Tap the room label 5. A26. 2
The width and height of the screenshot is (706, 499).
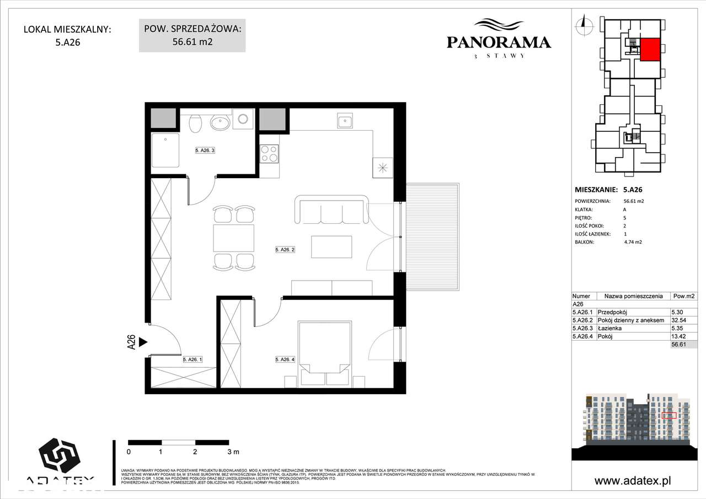[x=286, y=250]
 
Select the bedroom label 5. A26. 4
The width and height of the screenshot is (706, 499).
[x=286, y=360]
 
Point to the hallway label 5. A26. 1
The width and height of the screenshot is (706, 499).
[x=192, y=360]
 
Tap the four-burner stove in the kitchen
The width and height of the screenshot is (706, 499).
[x=269, y=153]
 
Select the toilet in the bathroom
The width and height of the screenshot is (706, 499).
[x=195, y=123]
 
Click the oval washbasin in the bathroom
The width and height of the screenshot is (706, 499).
[x=221, y=122]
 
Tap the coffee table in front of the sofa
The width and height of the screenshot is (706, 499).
[x=331, y=246]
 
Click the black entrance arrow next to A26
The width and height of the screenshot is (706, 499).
[x=143, y=342]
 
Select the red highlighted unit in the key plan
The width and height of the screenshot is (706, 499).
[x=649, y=50]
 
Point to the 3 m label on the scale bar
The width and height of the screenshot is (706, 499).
[x=233, y=452]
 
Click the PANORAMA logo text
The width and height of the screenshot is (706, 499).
[x=498, y=42]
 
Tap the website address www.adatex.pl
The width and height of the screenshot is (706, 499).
[x=633, y=481]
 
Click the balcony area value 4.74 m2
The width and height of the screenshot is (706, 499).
[x=634, y=242]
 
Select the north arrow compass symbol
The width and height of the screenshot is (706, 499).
[x=581, y=24]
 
